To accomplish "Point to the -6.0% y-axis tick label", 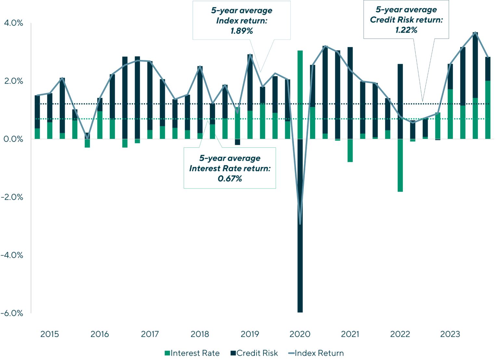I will [12, 313].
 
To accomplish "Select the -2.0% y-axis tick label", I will [12, 197].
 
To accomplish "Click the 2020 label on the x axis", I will [300, 334].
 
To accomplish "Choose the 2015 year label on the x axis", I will [50, 334].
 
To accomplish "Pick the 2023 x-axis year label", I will [450, 334].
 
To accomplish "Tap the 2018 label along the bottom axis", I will [200, 334].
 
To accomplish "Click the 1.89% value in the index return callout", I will [242, 31].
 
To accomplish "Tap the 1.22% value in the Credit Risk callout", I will [406, 30].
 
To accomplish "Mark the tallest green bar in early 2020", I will [300, 94].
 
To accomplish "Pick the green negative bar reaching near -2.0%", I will [400, 166].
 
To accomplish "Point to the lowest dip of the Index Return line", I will [300, 224].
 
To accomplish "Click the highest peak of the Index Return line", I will [475, 32].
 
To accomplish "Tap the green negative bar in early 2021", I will [350, 151].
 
